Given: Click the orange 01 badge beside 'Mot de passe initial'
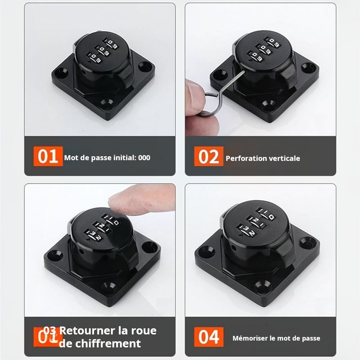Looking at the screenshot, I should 48,157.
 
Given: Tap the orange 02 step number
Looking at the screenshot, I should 209,157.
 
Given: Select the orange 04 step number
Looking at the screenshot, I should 209,337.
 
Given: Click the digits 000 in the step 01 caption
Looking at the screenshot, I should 144,158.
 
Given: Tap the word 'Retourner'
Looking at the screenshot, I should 85,330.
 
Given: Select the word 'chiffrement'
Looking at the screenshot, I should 100,343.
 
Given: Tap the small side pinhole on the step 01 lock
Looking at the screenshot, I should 84,72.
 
